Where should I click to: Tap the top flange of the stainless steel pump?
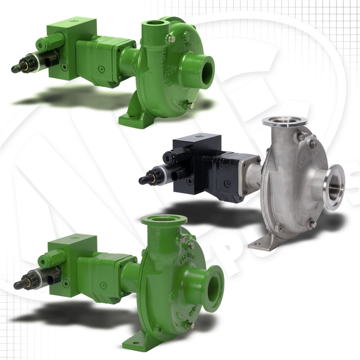284,122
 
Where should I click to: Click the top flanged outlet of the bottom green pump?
164,219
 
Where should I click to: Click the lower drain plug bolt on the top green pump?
190,105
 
